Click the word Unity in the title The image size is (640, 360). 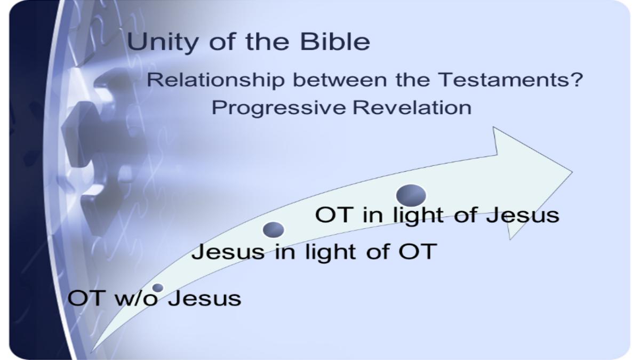coord(162,43)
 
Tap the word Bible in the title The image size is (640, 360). coord(335,42)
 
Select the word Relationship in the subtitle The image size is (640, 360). coord(215,81)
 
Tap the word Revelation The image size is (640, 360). coord(412,108)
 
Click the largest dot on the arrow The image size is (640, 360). coord(411,195)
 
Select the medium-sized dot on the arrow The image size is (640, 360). coord(274,230)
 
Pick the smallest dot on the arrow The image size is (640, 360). coord(158,287)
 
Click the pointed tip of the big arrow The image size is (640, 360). coord(572,172)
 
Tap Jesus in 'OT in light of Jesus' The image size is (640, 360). coord(523,215)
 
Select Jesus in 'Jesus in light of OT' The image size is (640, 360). coord(228,251)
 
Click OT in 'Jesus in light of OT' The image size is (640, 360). coord(418,251)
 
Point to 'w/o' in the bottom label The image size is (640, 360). coord(137,299)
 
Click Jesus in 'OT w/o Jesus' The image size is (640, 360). coord(204,298)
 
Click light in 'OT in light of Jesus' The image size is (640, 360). coord(418,217)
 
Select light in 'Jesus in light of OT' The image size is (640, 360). coord(330,253)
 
